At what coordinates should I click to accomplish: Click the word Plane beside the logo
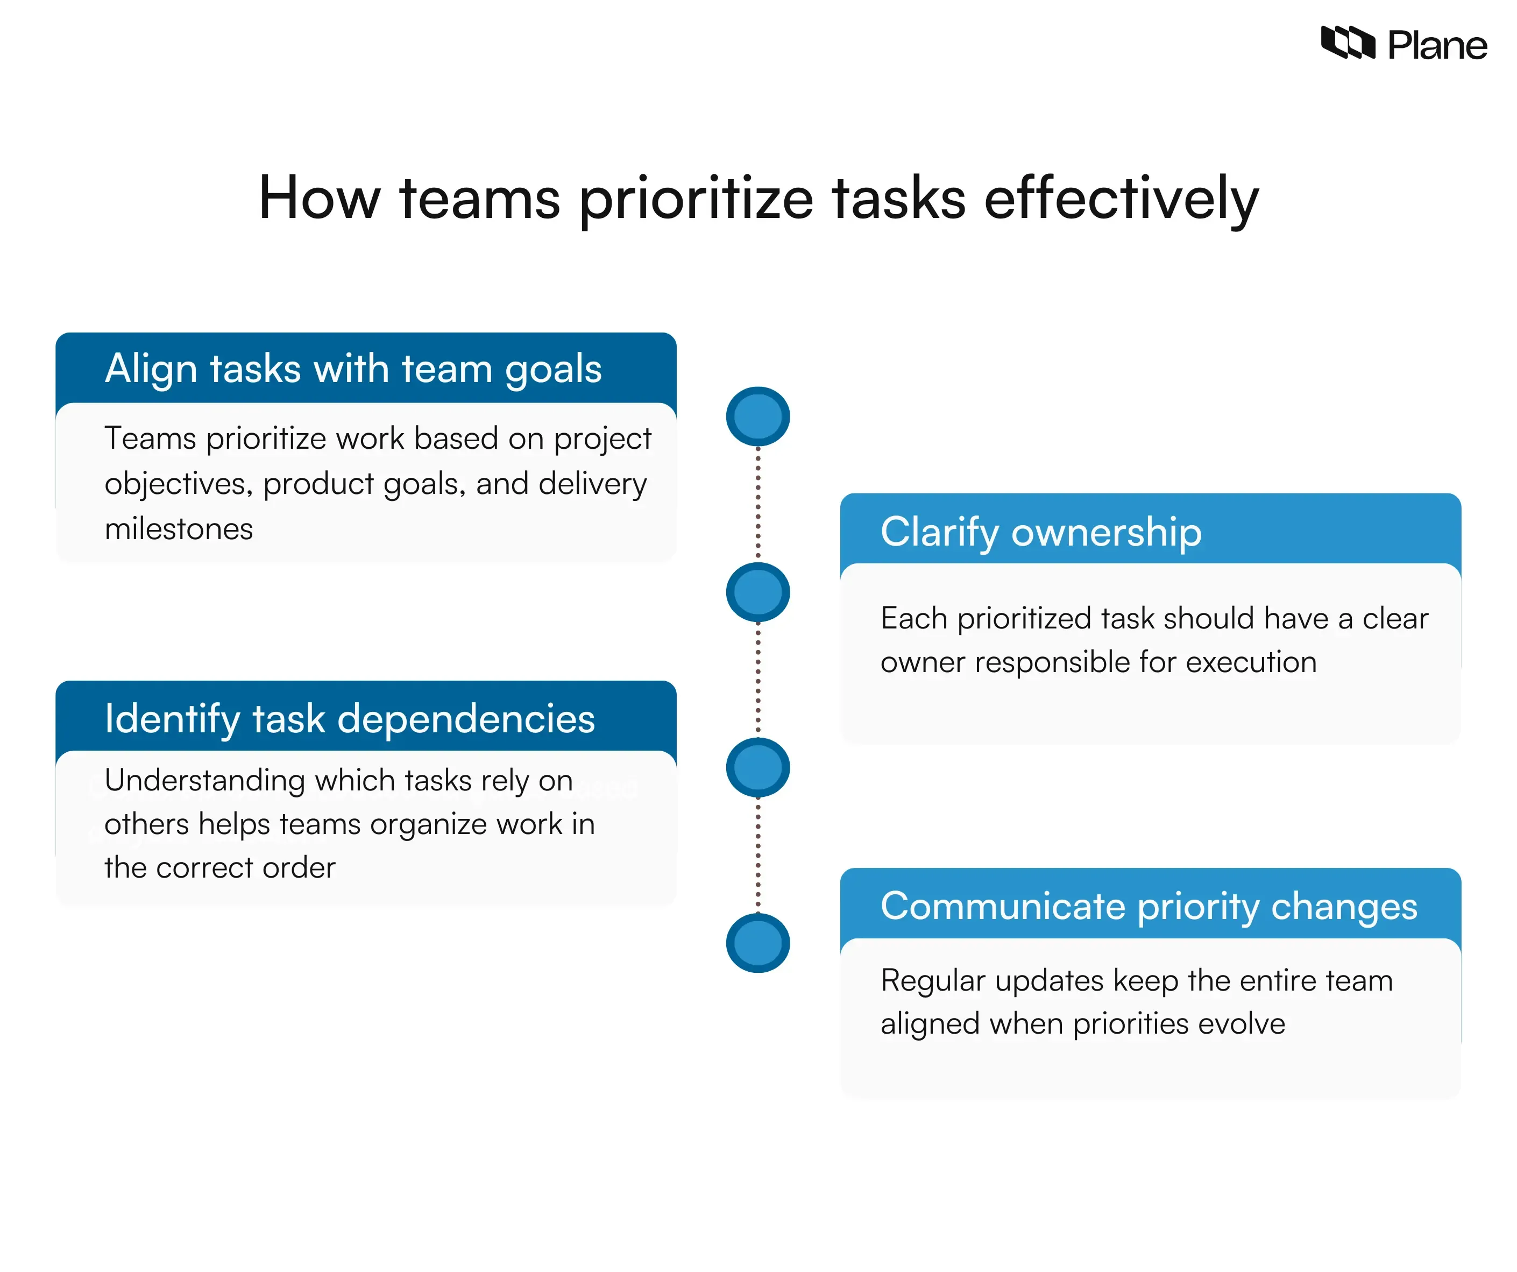click(1437, 46)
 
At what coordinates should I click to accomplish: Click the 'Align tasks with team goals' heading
click(353, 369)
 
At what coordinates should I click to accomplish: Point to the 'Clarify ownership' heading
click(1041, 532)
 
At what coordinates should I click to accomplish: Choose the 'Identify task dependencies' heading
click(350, 718)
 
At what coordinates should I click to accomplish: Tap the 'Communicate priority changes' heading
click(1149, 906)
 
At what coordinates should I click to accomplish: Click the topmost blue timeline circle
click(758, 416)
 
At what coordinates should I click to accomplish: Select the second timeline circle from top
click(758, 592)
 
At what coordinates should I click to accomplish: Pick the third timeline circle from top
click(758, 767)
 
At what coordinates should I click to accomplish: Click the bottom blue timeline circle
click(758, 943)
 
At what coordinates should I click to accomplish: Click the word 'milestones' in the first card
click(179, 529)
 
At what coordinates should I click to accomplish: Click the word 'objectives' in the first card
click(178, 484)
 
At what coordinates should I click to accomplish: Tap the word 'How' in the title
click(320, 198)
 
